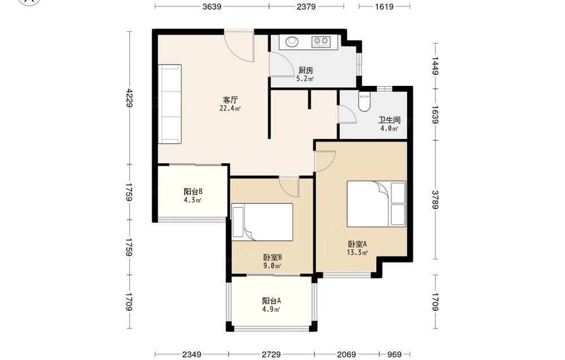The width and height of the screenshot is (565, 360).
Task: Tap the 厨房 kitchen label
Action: [306, 70]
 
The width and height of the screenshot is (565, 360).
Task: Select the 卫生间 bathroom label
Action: [389, 120]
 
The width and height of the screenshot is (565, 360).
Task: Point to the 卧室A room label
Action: [357, 244]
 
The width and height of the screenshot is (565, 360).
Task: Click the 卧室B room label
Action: [272, 257]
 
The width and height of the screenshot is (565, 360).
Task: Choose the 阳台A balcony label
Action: [271, 301]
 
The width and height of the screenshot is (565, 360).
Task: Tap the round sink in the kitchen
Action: [292, 41]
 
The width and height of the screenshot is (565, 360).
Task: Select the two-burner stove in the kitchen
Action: [320, 42]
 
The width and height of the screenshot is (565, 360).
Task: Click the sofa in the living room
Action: [169, 104]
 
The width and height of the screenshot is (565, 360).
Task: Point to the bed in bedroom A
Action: [376, 203]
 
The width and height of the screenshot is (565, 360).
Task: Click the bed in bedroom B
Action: [262, 222]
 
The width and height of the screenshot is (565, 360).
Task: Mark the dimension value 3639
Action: [211, 6]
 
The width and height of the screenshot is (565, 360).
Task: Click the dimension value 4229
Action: [130, 98]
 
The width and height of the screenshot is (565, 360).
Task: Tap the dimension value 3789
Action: [435, 199]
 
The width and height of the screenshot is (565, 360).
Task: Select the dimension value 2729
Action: [271, 354]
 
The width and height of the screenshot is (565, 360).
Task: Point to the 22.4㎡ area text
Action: [231, 108]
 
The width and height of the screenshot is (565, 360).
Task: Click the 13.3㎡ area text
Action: [357, 253]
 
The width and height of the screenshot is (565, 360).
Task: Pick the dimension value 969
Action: [394, 354]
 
